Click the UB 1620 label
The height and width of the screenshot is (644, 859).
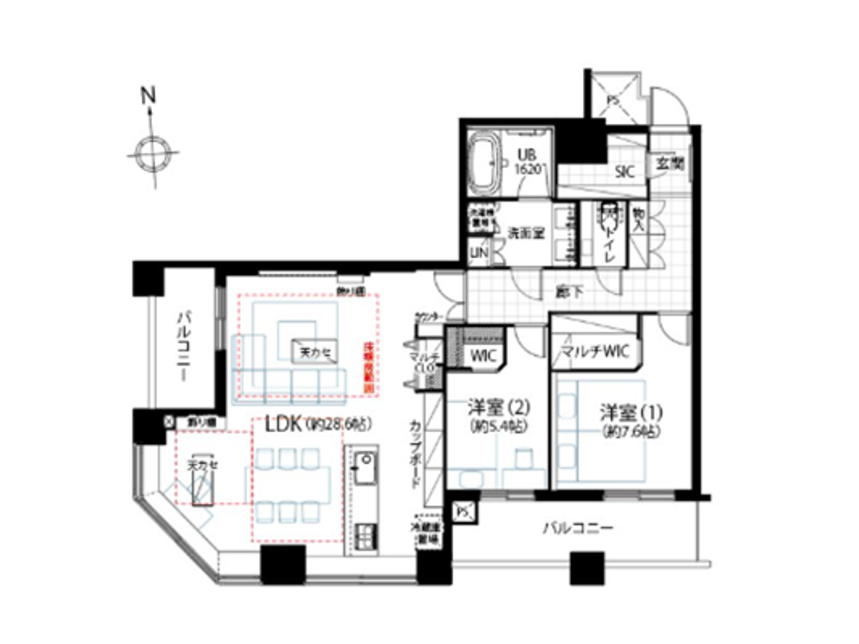click(528, 162)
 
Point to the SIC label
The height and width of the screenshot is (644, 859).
click(624, 172)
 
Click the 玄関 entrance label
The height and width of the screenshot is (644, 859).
click(670, 163)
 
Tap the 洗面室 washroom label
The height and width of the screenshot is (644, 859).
click(526, 233)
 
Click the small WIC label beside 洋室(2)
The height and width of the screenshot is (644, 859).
click(483, 356)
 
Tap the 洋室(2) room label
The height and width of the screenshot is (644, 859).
click(498, 408)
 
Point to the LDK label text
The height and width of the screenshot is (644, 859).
click(283, 424)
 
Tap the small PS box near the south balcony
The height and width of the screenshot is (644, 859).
click(463, 510)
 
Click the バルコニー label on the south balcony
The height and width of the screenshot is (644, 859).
click(577, 528)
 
